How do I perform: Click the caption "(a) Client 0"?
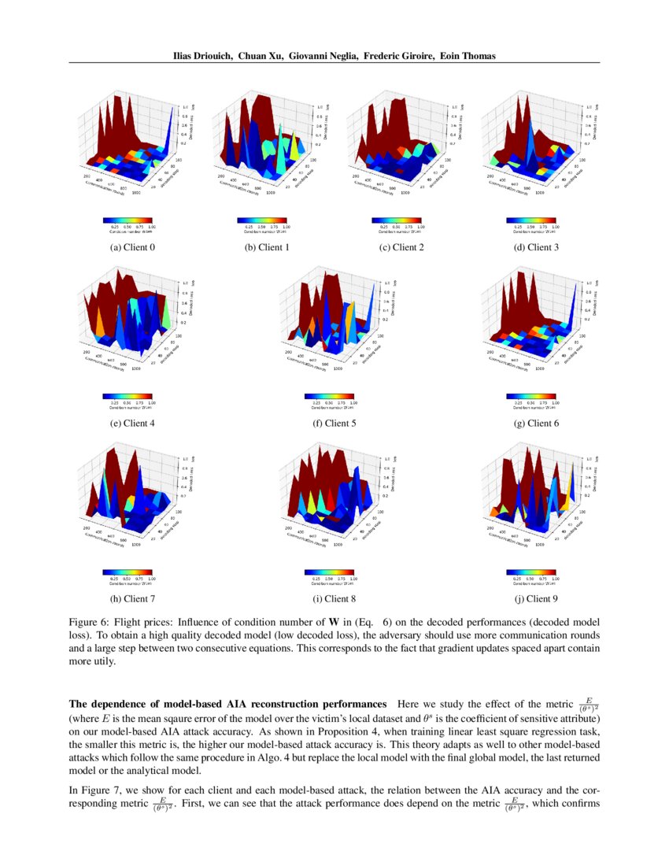(132, 247)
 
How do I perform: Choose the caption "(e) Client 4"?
(132, 424)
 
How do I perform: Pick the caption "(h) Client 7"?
(132, 599)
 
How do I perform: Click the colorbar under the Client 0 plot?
(128, 221)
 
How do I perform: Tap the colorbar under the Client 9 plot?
(531, 573)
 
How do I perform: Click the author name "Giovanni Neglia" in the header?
(323, 57)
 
